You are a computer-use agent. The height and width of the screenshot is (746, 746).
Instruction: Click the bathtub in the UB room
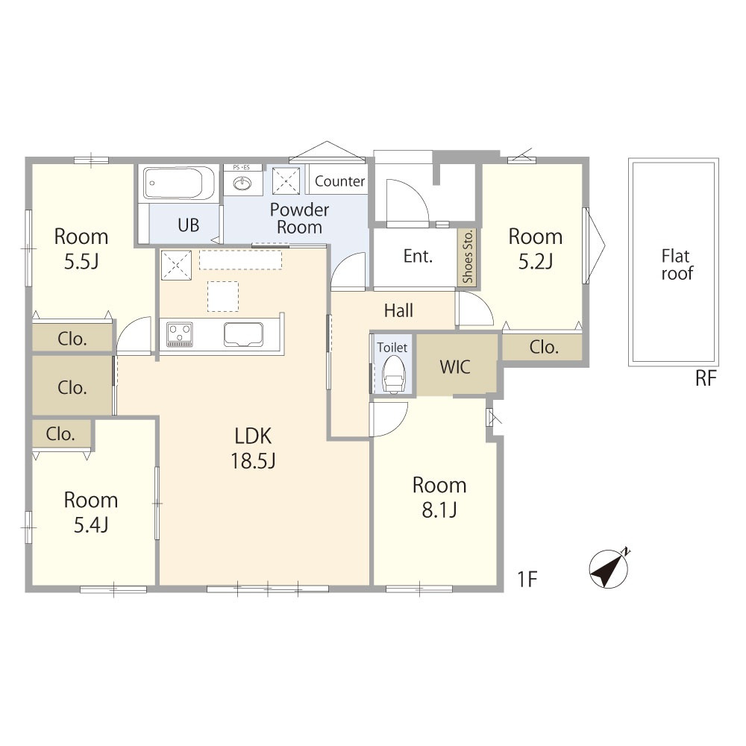(179, 184)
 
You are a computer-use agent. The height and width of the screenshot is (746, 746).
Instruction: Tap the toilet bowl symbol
(394, 374)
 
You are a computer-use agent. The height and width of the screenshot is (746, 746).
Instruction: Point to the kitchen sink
(244, 334)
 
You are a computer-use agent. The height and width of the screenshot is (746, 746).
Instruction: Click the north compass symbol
(609, 568)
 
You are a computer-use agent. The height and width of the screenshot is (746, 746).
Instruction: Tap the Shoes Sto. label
(468, 257)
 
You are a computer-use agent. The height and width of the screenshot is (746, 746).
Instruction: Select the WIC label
(455, 367)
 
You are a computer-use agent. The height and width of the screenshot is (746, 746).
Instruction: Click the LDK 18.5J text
(253, 448)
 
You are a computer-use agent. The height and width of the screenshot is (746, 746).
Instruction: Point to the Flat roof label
(677, 265)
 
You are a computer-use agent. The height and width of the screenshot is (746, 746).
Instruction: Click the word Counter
(339, 181)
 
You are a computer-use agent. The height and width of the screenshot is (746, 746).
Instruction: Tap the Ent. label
(418, 257)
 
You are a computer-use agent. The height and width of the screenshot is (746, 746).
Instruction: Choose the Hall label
(398, 310)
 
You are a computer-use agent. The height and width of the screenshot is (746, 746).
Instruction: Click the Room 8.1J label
(439, 497)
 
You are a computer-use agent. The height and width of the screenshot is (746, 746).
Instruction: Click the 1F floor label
(527, 580)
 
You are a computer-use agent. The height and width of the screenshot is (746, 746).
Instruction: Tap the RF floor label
(706, 379)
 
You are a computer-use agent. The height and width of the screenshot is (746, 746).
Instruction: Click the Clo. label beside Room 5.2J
(544, 348)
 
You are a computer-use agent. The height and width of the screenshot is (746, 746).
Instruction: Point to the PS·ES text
(241, 167)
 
